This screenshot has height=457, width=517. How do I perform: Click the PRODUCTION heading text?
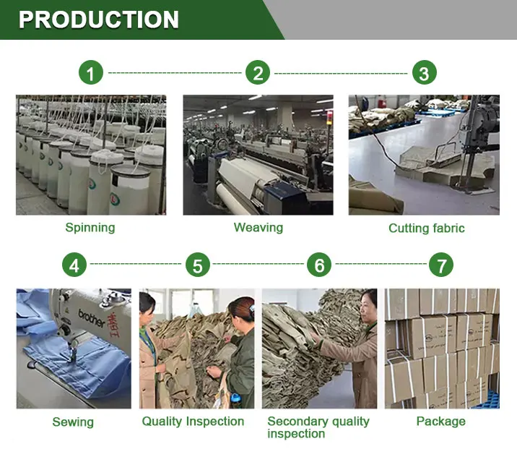[x=99, y=20]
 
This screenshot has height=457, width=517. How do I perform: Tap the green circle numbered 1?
[x=91, y=72]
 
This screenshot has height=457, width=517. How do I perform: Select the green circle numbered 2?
[x=258, y=72]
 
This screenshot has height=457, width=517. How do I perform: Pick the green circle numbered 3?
[x=425, y=72]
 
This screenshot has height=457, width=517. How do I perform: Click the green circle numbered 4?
[x=74, y=265]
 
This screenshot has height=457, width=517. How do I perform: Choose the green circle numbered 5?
[x=198, y=265]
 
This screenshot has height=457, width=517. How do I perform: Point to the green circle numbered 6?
[x=319, y=265]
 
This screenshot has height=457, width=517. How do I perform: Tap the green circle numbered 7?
[x=441, y=265]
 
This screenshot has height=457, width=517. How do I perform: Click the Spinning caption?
[x=90, y=228]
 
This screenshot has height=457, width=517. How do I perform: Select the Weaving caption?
[x=258, y=228]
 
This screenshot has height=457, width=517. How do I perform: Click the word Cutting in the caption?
[x=407, y=228]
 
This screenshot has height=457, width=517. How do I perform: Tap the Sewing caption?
[x=73, y=422]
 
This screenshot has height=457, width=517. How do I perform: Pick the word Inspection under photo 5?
[x=215, y=422]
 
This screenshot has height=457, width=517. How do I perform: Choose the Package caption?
[x=441, y=422]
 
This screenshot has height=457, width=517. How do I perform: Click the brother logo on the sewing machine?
[x=92, y=317]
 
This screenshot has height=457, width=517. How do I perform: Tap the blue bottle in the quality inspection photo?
[x=235, y=401]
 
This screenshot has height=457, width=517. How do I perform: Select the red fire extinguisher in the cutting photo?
[x=383, y=103]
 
